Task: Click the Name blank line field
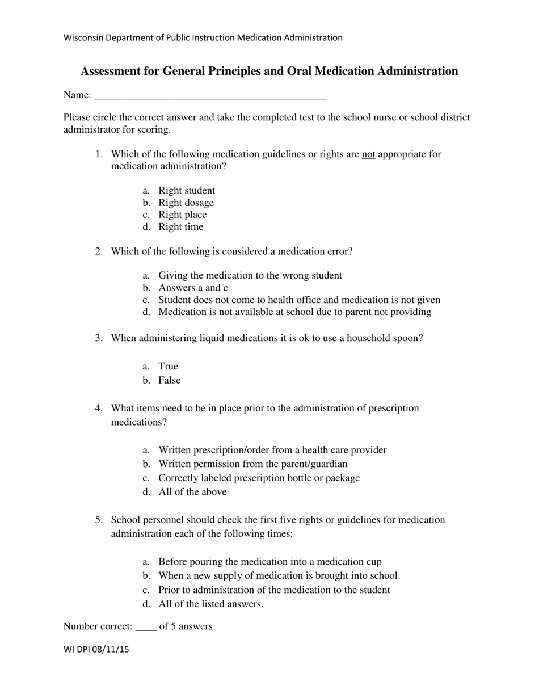(x=210, y=95)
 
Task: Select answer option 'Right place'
(x=182, y=215)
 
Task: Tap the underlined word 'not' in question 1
(x=368, y=154)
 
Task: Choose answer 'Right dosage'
(x=186, y=203)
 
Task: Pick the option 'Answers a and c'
(x=193, y=288)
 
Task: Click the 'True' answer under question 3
(x=168, y=367)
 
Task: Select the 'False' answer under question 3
(x=169, y=380)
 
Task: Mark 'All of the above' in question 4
(x=192, y=492)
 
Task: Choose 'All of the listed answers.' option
(x=210, y=604)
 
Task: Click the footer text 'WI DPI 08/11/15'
(x=96, y=650)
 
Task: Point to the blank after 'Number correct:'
(x=146, y=627)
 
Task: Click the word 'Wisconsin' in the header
(x=83, y=38)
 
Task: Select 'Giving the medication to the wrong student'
(x=250, y=276)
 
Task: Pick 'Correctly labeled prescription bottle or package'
(x=259, y=478)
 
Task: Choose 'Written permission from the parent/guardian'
(x=252, y=464)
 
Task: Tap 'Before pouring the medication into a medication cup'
(x=269, y=562)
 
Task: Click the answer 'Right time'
(x=180, y=227)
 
